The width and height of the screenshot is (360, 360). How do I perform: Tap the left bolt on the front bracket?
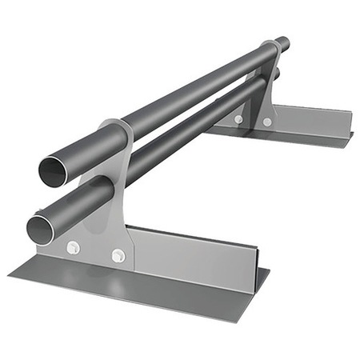pyautogui.click(x=73, y=247)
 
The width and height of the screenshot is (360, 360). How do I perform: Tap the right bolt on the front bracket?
pyautogui.click(x=118, y=256)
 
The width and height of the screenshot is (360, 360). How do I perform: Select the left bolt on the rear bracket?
pyautogui.click(x=238, y=119)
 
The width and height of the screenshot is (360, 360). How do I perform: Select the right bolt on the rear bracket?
pyautogui.click(x=267, y=122)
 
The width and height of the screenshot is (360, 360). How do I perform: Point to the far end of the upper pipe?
pyautogui.click(x=282, y=43)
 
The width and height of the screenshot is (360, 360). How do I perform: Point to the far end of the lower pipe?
pyautogui.click(x=276, y=74)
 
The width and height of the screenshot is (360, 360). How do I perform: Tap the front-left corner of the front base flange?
pyautogui.click(x=10, y=277)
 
